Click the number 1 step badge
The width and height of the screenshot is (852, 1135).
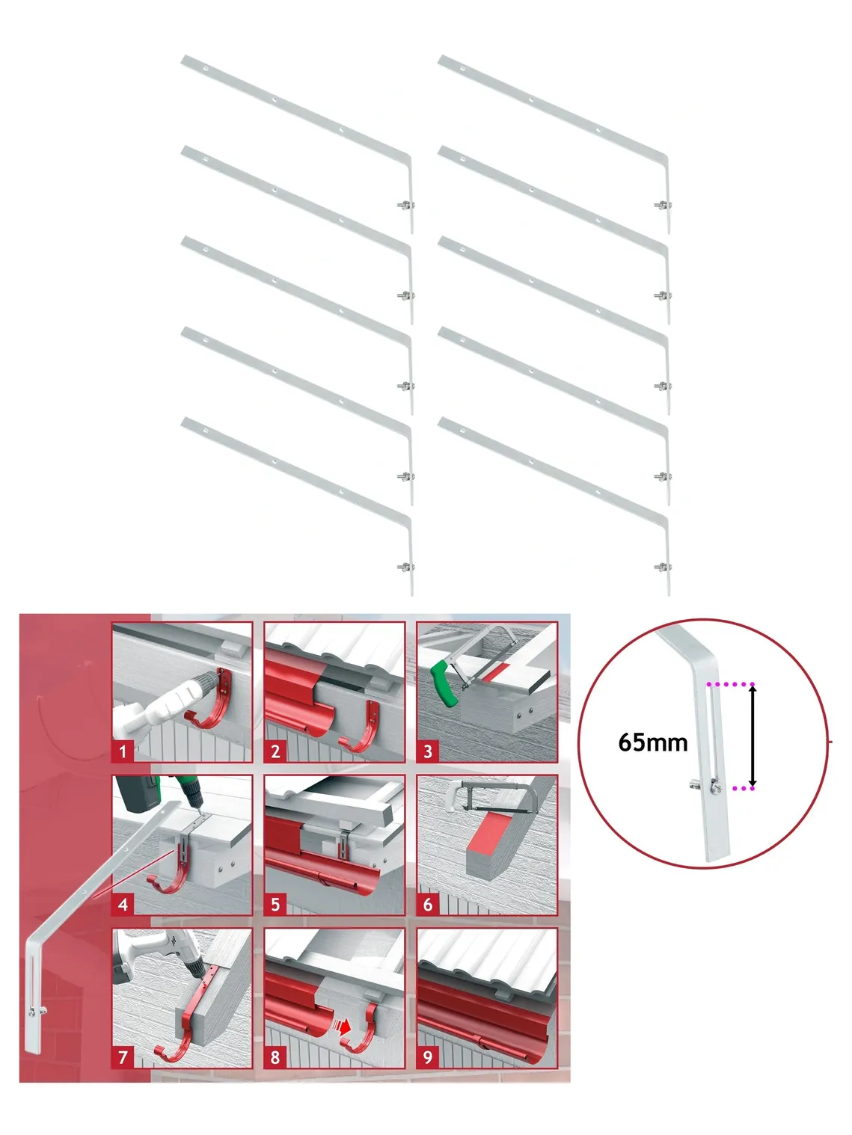coord(123,751)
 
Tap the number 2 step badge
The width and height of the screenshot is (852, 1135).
coord(275,751)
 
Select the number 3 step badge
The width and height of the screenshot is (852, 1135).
coord(428,751)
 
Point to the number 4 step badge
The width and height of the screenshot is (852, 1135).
coord(123,904)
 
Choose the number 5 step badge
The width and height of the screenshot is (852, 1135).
coord(275,904)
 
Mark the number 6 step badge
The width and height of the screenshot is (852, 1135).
coord(428,904)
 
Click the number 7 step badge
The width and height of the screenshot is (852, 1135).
coord(123,1057)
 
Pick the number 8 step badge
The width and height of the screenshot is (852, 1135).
coord(275,1057)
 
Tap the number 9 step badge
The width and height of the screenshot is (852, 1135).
coord(428,1057)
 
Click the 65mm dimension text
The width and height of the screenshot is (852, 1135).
coord(653,742)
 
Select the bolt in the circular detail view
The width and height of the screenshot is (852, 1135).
coord(704,785)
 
